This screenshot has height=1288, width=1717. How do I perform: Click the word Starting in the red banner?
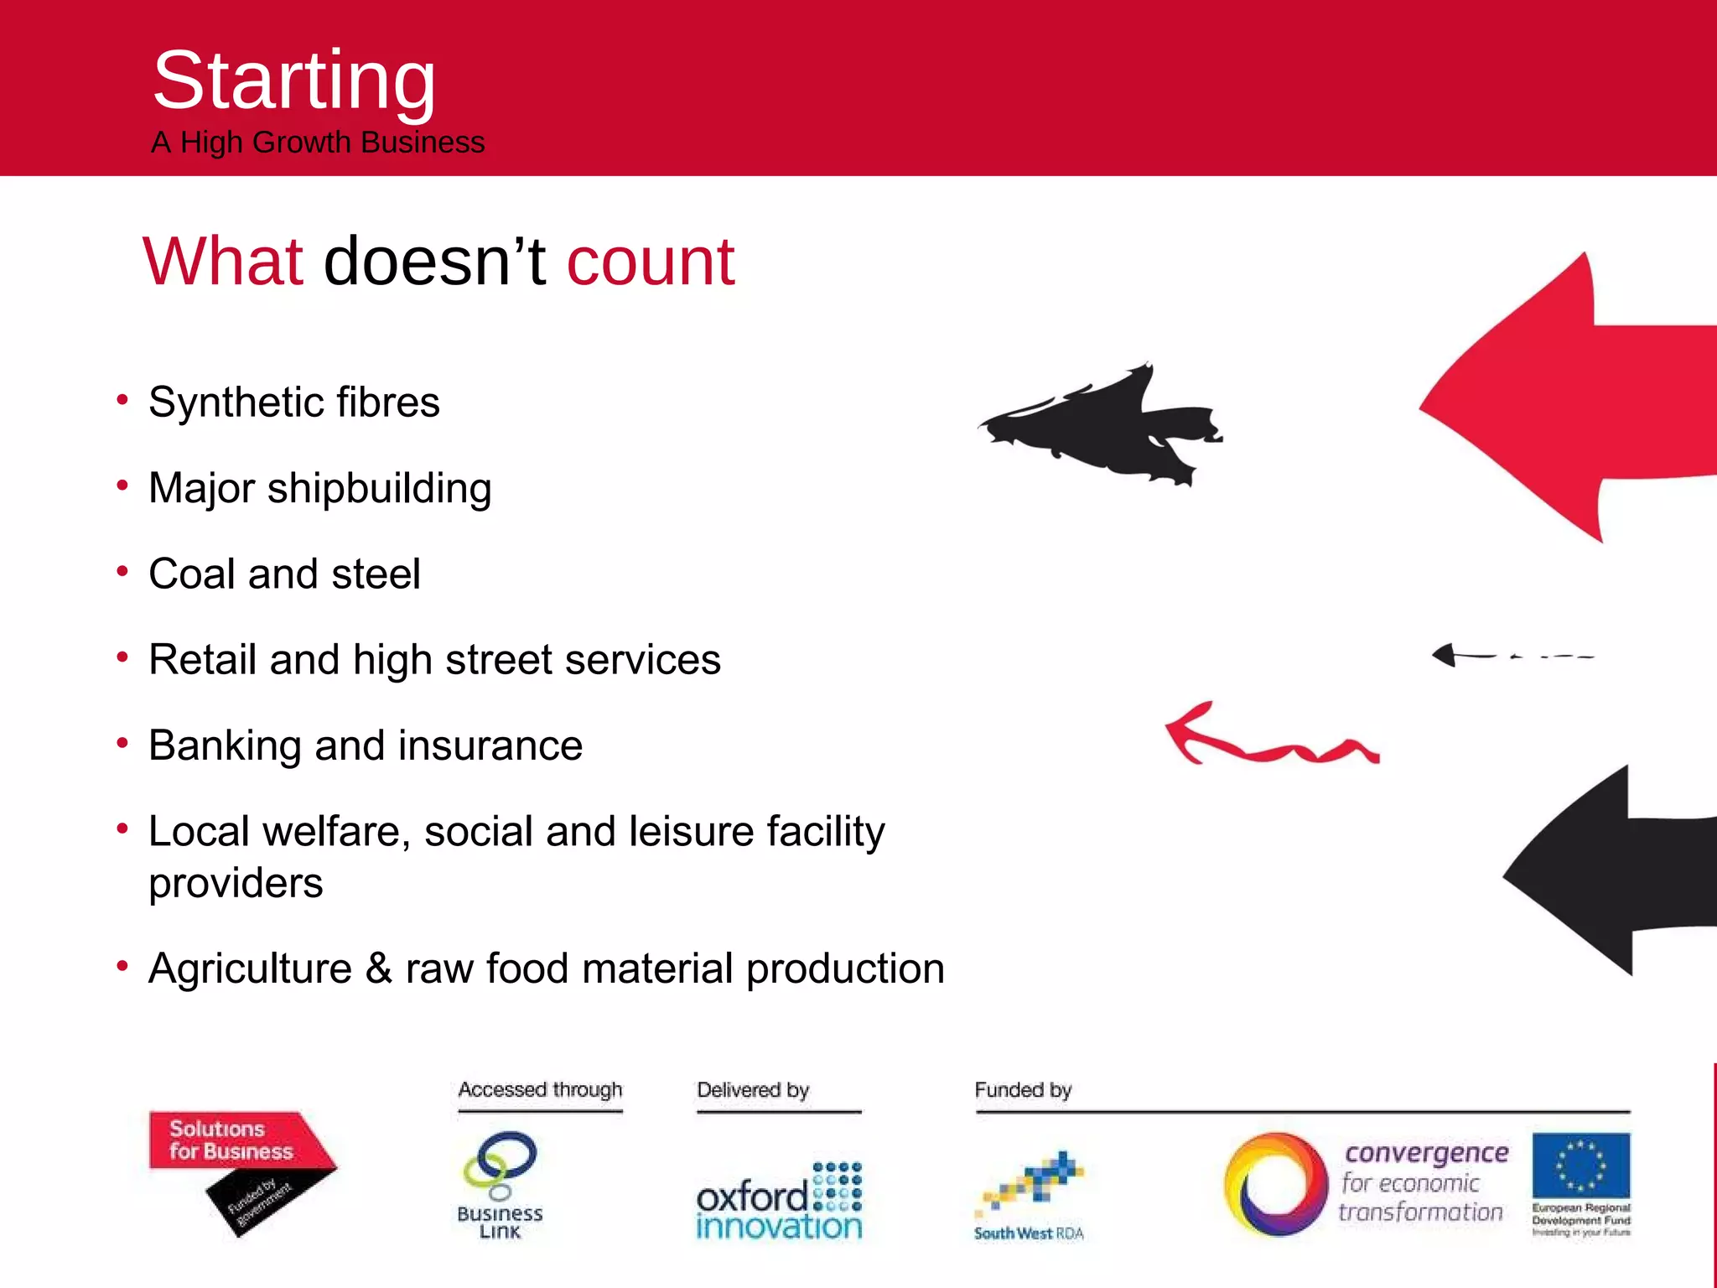[293, 81]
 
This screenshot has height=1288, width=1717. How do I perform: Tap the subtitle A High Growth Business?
[318, 143]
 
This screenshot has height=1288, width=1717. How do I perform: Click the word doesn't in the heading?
[434, 262]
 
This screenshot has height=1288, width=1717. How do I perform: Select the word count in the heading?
[651, 262]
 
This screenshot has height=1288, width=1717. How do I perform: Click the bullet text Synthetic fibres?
[293, 402]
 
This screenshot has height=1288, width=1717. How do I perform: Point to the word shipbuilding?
[379, 489]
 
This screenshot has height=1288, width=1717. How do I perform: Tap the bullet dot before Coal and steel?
[122, 572]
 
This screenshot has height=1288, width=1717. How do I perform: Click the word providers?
[236, 884]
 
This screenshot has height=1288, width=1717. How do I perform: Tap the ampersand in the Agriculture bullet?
[378, 969]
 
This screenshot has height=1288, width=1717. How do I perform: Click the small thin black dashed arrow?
[1509, 655]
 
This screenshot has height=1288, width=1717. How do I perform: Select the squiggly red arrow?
[1266, 736]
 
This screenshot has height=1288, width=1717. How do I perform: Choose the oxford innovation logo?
[779, 1201]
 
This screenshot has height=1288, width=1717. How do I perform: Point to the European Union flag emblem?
[1580, 1165]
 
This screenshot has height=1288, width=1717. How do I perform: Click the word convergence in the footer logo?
[1426, 1153]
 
